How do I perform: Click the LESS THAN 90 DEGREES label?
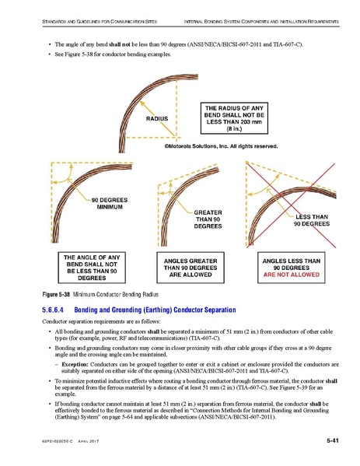(x=311, y=221)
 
